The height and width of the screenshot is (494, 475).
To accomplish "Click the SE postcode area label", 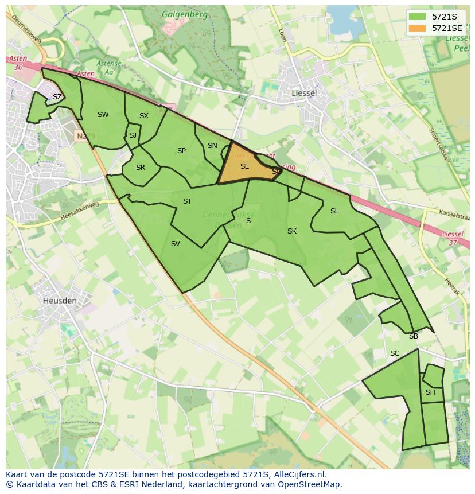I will (x=244, y=166).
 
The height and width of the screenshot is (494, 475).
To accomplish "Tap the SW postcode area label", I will (x=103, y=115).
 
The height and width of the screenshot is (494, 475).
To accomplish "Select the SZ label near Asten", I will (x=57, y=97).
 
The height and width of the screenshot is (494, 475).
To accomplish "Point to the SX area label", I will (x=143, y=116).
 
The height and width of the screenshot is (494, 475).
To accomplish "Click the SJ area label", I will (x=133, y=135).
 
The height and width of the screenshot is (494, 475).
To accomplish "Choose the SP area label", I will (x=181, y=151).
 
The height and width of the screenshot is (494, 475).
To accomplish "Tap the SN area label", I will (x=212, y=146).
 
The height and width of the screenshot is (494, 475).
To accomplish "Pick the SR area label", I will (x=141, y=168).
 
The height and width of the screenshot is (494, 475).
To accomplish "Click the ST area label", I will (x=187, y=201).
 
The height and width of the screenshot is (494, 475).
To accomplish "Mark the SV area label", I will (x=176, y=244).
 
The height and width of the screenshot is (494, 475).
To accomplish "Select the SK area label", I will (x=291, y=231).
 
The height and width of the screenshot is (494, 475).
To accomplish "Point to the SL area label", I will (x=334, y=211).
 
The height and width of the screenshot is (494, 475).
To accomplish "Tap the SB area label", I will (x=413, y=336).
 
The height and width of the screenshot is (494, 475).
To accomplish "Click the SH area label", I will (x=430, y=392).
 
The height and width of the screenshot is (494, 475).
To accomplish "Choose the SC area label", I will (x=395, y=353).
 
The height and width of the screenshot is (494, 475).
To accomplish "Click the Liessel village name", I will (x=304, y=92).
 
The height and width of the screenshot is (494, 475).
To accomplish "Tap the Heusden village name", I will (x=60, y=299).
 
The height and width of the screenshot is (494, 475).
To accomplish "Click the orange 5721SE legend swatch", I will (x=418, y=28).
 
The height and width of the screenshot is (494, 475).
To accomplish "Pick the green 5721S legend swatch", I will (x=418, y=17).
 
